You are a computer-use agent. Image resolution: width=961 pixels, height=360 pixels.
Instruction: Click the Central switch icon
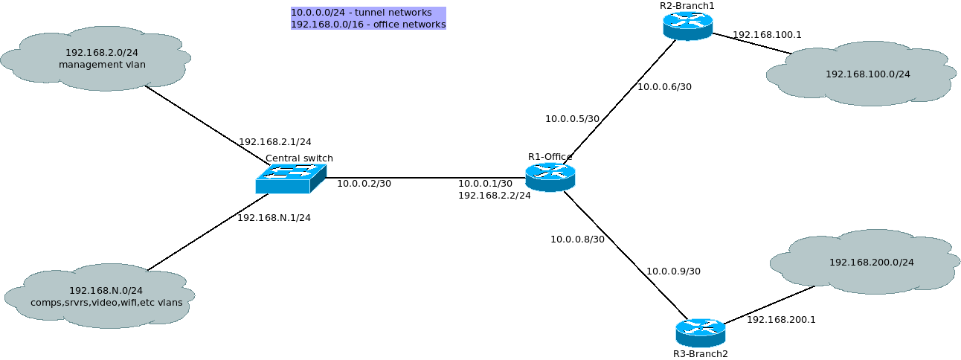click(291, 179)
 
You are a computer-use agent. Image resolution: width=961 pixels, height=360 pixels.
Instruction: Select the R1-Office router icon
click(550, 177)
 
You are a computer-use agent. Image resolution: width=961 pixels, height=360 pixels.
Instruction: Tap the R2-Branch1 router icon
click(688, 26)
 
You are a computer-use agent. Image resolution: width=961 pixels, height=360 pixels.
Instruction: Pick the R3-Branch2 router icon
click(701, 333)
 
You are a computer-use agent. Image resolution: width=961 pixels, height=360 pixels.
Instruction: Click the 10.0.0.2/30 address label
click(364, 184)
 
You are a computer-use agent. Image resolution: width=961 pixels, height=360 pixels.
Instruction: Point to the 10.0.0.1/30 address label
click(485, 184)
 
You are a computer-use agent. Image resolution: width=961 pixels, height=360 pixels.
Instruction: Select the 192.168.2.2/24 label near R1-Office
click(494, 196)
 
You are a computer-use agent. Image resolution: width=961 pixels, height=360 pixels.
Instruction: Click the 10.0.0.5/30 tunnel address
click(572, 119)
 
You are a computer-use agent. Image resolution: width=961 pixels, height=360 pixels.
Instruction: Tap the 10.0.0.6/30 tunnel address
click(664, 87)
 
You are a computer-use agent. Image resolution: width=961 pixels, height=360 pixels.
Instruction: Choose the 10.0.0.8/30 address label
click(577, 240)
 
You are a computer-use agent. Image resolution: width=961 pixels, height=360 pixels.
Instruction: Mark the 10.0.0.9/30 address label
click(674, 271)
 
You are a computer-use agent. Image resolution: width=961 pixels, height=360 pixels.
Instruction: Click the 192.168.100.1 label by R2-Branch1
click(767, 35)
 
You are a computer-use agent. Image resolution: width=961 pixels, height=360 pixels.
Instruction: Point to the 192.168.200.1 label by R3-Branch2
click(781, 320)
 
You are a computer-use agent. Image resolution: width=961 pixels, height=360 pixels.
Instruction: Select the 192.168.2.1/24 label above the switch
click(275, 142)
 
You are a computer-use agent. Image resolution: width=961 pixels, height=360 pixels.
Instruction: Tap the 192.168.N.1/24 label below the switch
click(274, 218)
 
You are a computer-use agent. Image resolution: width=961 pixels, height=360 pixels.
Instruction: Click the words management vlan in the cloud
click(102, 65)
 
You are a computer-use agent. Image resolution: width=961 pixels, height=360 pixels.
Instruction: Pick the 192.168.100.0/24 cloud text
click(868, 74)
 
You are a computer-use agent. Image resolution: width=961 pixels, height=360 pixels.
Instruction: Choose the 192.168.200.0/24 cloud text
click(872, 262)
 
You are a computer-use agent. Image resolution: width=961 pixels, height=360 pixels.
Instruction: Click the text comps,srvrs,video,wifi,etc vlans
click(106, 303)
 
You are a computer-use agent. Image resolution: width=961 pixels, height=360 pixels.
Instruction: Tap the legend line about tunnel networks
click(361, 13)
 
